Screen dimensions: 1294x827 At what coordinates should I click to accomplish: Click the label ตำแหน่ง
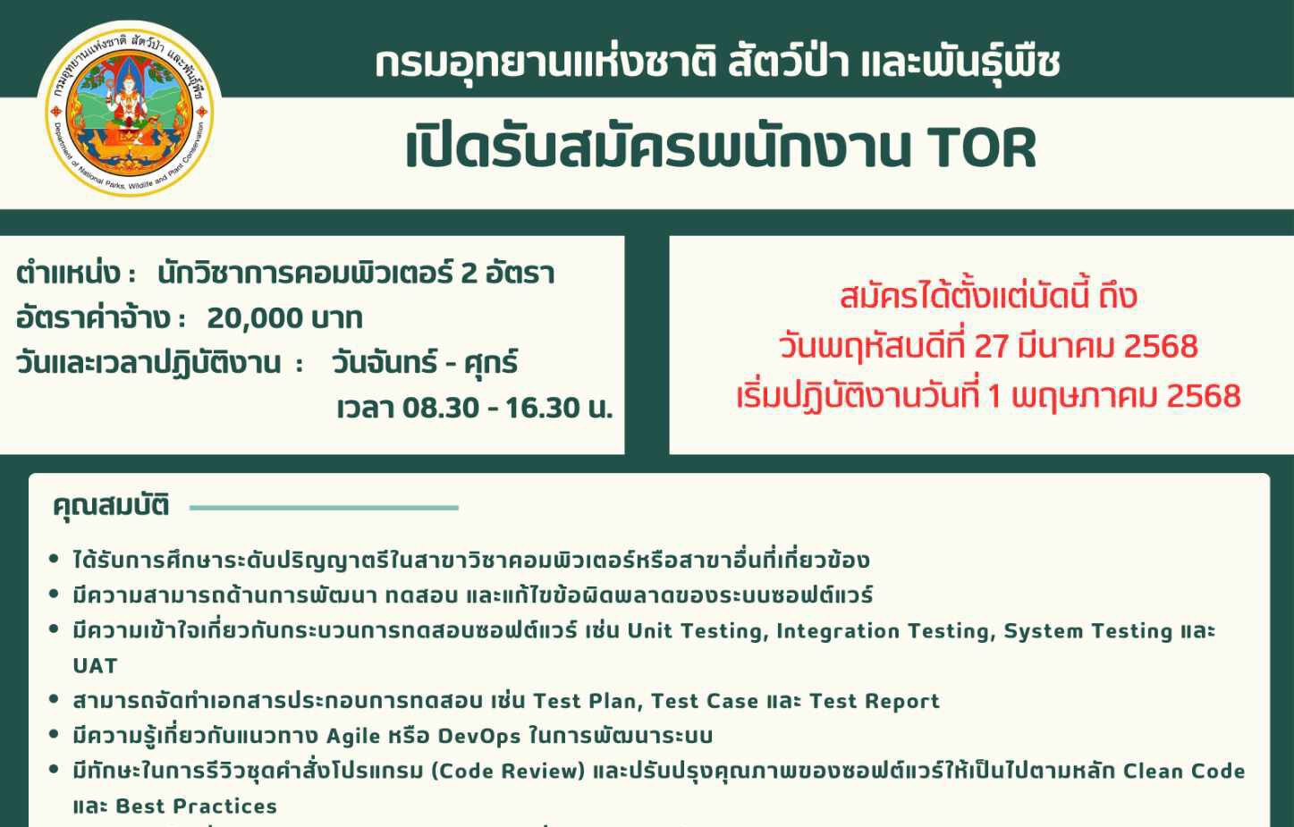pyautogui.click(x=68, y=273)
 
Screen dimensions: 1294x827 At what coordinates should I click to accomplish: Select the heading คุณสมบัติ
pyautogui.click(x=111, y=506)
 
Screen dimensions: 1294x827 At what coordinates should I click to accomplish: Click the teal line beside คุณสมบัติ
pyautogui.click(x=324, y=508)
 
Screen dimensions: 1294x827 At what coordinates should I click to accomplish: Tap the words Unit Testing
pyautogui.click(x=695, y=631)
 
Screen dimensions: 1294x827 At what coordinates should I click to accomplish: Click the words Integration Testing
pyautogui.click(x=883, y=631)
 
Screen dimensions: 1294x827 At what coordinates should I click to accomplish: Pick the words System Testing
pyautogui.click(x=1087, y=631)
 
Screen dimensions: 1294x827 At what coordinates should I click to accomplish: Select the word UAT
pyautogui.click(x=96, y=666)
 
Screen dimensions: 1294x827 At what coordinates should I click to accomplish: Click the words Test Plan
pyautogui.click(x=585, y=701)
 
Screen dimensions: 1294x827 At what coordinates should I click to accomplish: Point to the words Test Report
pyautogui.click(x=875, y=701)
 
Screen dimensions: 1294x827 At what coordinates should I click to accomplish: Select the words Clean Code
pyautogui.click(x=1184, y=771)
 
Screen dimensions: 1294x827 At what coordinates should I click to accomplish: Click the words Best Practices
pyautogui.click(x=197, y=806)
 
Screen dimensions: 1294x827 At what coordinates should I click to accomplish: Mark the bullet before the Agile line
pyautogui.click(x=55, y=734)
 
